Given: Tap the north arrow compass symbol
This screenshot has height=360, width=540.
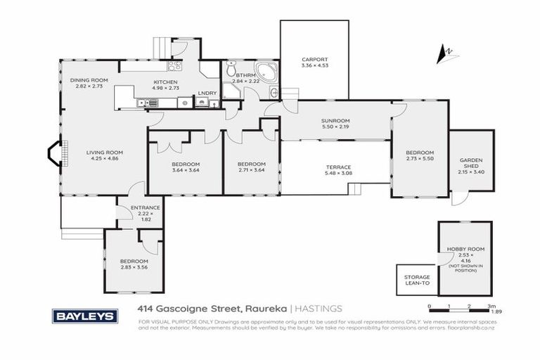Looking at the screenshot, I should click(444, 53).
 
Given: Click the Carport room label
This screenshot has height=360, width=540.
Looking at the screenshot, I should click(314, 60).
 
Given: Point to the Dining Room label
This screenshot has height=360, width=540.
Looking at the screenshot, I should click(89, 81).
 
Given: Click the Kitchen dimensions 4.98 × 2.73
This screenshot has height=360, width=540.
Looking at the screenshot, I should click(166, 89).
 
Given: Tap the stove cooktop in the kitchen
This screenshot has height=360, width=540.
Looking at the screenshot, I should click(174, 65).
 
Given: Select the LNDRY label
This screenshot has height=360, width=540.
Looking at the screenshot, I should click(207, 93).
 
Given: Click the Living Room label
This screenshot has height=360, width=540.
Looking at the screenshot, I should click(105, 152).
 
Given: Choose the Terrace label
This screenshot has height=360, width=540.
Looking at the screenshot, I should click(337, 167).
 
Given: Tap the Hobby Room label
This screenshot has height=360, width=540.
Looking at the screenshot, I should click(461, 250).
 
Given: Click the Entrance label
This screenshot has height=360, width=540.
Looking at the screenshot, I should click(146, 208).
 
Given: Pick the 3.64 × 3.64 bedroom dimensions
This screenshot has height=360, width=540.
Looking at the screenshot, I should click(186, 170).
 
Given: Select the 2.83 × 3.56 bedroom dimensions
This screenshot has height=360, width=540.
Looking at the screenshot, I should click(134, 267).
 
